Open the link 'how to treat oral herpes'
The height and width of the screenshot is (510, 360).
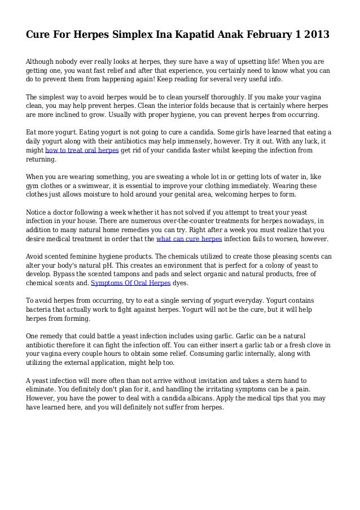(x=82, y=151)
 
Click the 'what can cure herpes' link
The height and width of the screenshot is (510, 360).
(x=190, y=238)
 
